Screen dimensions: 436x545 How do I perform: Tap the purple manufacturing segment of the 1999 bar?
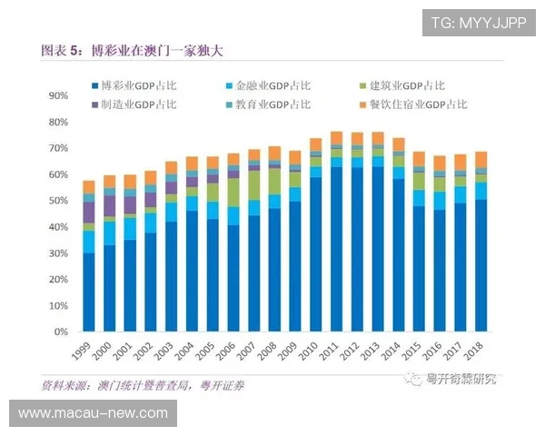point(89,213)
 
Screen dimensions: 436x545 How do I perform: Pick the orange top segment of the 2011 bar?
point(336,138)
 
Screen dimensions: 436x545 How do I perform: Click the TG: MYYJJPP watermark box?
point(479,22)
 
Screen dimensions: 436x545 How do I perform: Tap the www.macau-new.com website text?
point(93,413)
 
